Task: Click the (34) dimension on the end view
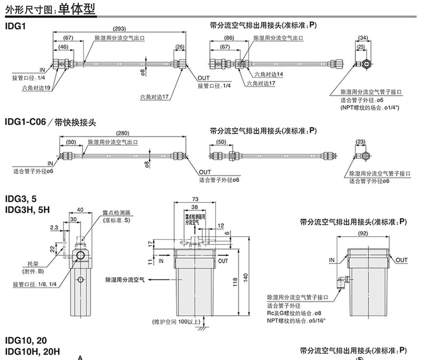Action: [363, 37]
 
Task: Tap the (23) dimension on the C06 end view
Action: [360, 142]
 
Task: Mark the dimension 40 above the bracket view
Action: [80, 209]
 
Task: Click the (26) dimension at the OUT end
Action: [180, 47]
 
